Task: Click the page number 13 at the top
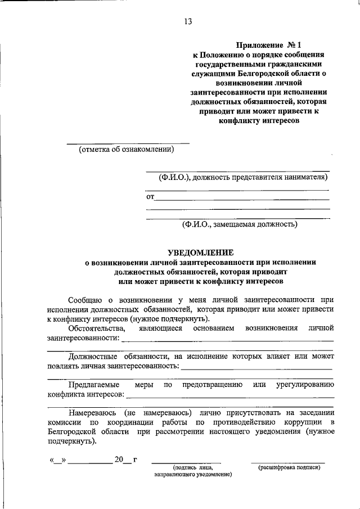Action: click(187, 22)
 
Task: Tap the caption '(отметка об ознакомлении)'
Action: click(127, 149)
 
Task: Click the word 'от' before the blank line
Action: click(150, 197)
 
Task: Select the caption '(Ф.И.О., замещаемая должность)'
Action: click(239, 224)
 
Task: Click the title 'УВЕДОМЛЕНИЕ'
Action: click(201, 253)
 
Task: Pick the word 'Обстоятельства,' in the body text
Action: click(93, 327)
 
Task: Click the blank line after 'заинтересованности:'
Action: click(227, 340)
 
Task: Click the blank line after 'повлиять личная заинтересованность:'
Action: click(256, 367)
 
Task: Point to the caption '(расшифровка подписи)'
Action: click(289, 468)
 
